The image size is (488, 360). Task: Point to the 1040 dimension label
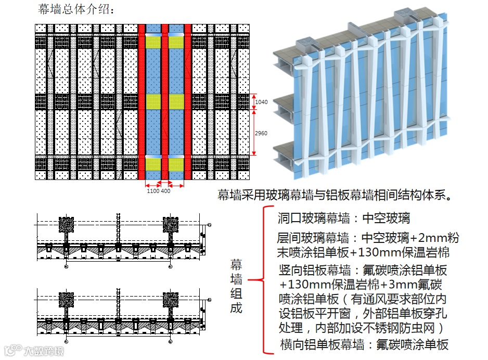coord(261,102)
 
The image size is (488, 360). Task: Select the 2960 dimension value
coord(261,133)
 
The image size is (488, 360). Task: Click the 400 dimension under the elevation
coord(165,191)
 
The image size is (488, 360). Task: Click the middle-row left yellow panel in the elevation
coord(153,101)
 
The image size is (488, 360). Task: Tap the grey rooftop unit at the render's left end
coord(305,41)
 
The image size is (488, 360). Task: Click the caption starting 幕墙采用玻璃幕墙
coord(333,196)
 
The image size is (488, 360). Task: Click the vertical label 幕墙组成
coord(236,286)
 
